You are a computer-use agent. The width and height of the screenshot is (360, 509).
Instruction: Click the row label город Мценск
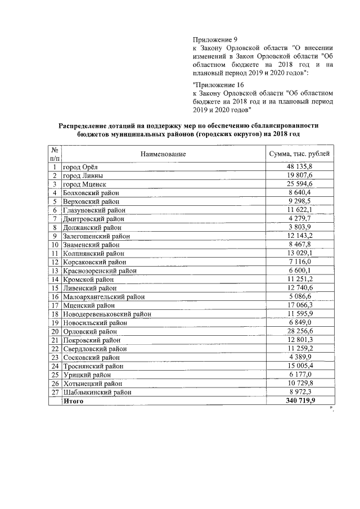pos(84,184)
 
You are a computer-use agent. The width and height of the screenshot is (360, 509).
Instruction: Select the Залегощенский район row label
pos(96,236)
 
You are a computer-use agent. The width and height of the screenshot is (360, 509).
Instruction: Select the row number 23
pos(55,357)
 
